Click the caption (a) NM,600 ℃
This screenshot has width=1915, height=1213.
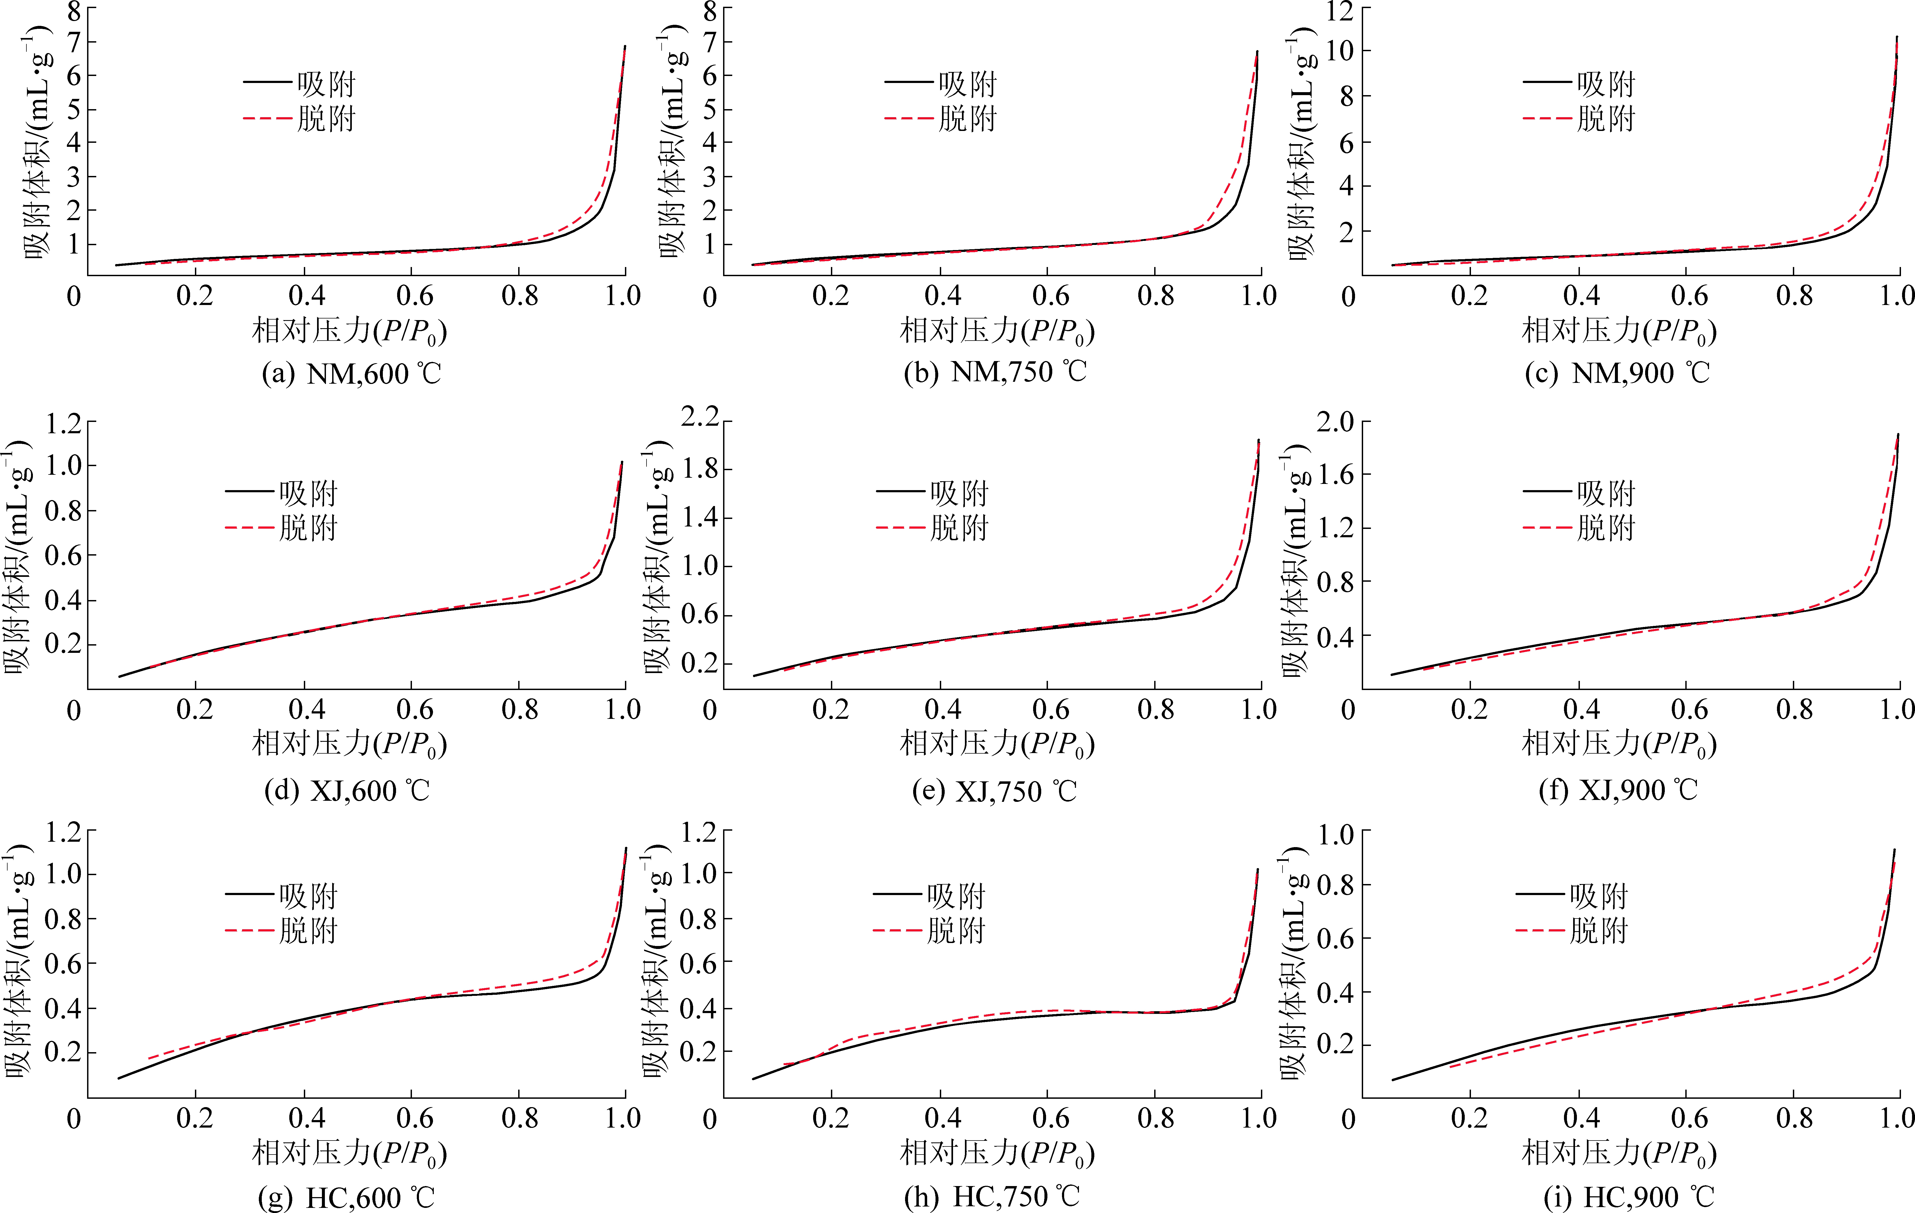pyautogui.click(x=352, y=373)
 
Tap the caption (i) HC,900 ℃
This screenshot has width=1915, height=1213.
pyautogui.click(x=1629, y=1196)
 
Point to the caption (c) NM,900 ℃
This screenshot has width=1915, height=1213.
pyautogui.click(x=1617, y=373)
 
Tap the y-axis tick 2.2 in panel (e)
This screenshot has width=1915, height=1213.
pyautogui.click(x=700, y=417)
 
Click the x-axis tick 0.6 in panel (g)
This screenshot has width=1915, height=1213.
pyautogui.click(x=414, y=1118)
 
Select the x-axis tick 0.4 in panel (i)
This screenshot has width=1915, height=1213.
pyautogui.click(x=1581, y=1118)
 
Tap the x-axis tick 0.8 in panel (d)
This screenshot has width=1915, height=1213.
pyautogui.click(x=520, y=709)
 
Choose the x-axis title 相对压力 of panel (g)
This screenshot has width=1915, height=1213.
pyautogui.click(x=350, y=1153)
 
